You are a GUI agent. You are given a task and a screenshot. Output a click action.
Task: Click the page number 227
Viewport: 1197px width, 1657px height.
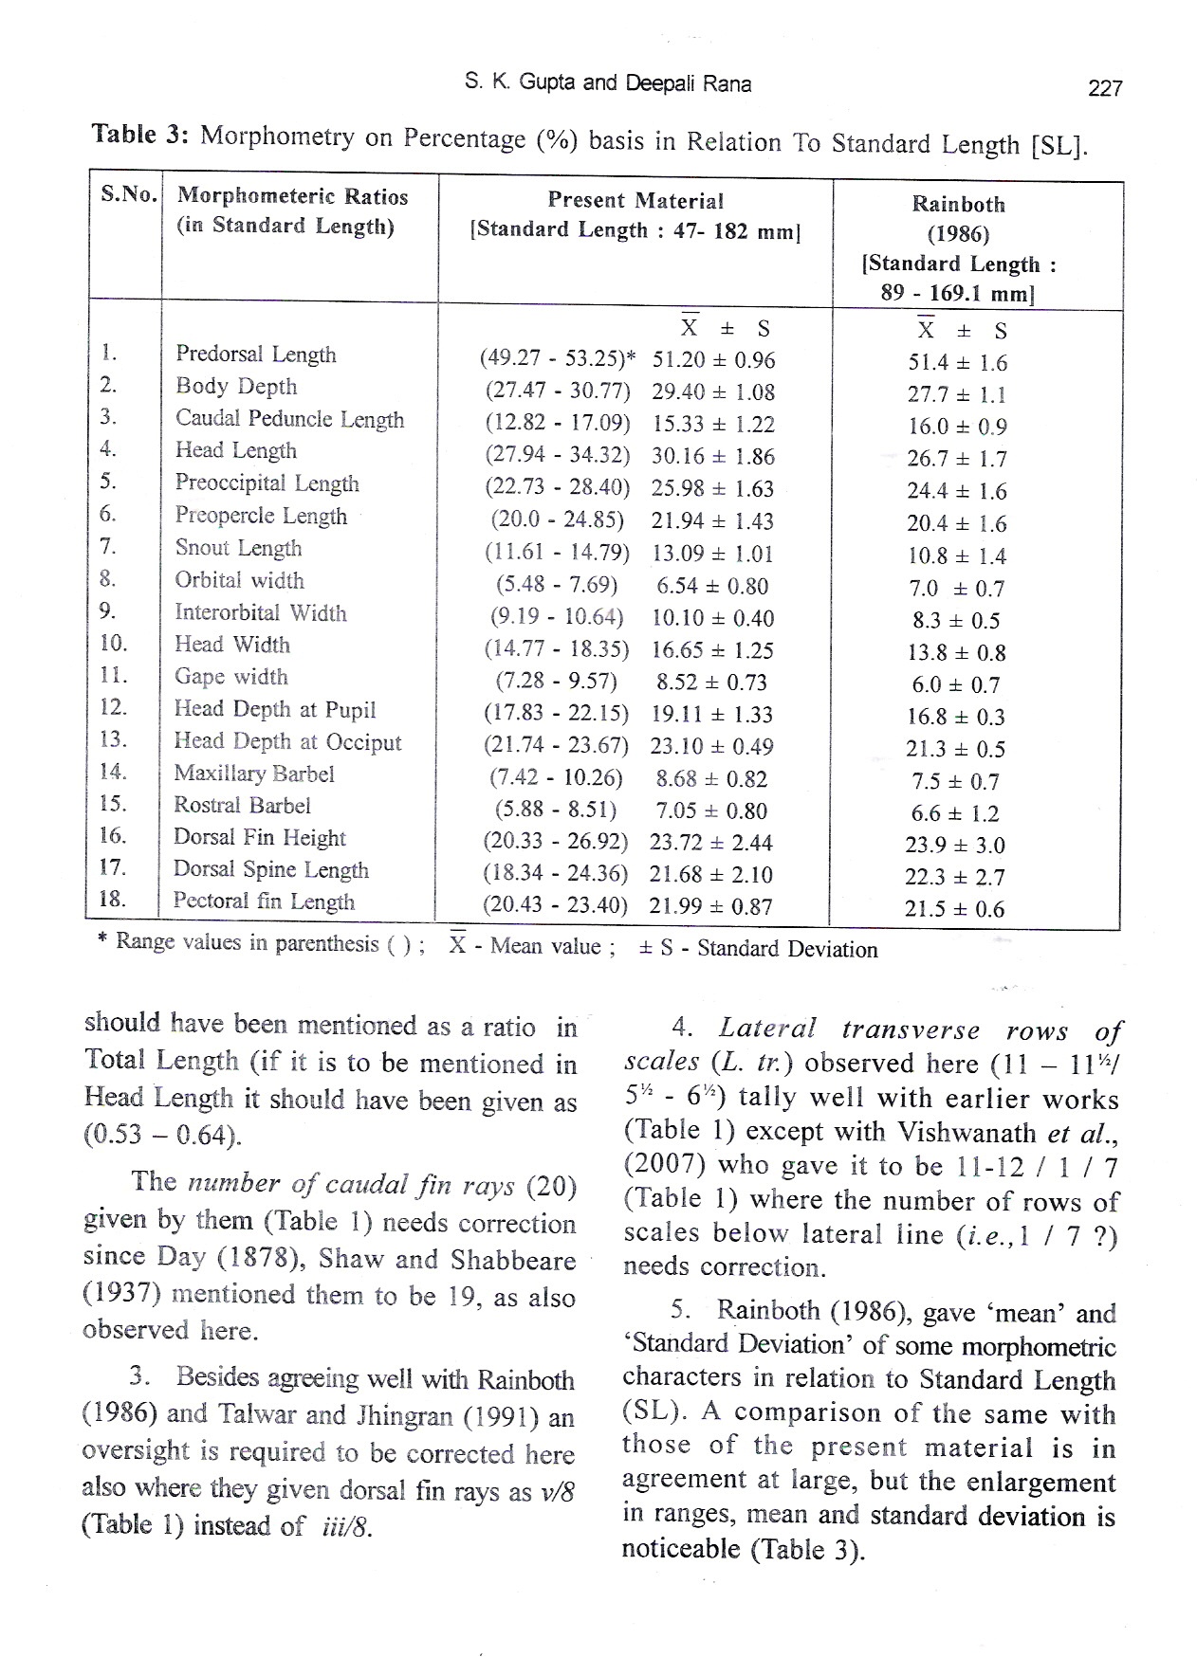(1105, 88)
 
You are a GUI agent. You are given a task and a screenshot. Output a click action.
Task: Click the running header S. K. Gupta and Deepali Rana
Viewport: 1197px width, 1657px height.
(608, 83)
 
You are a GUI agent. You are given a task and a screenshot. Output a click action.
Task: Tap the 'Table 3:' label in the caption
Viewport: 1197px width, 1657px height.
(140, 134)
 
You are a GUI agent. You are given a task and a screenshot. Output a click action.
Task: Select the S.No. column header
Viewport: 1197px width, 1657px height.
(127, 195)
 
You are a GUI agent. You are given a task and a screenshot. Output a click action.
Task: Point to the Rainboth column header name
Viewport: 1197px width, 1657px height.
(958, 204)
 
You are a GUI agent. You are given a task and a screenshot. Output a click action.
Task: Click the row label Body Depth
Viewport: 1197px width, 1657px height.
(236, 387)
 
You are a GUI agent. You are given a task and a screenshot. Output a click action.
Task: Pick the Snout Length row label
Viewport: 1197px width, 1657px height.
(238, 548)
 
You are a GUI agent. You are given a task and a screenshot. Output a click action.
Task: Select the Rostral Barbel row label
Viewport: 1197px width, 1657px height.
(242, 806)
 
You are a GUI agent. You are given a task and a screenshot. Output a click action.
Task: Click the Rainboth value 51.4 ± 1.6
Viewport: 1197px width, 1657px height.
(956, 363)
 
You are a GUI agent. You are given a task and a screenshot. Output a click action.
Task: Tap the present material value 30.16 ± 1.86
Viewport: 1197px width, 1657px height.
(712, 457)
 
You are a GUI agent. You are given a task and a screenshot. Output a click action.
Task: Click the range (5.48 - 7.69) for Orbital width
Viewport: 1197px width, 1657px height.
(557, 586)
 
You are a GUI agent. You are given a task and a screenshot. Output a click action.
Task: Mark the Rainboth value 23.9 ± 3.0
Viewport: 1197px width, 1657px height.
(954, 846)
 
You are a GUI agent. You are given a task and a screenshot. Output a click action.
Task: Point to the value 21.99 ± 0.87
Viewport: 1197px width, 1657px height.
(710, 906)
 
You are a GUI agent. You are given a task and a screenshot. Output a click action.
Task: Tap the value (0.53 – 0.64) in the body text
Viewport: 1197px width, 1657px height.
(162, 1135)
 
